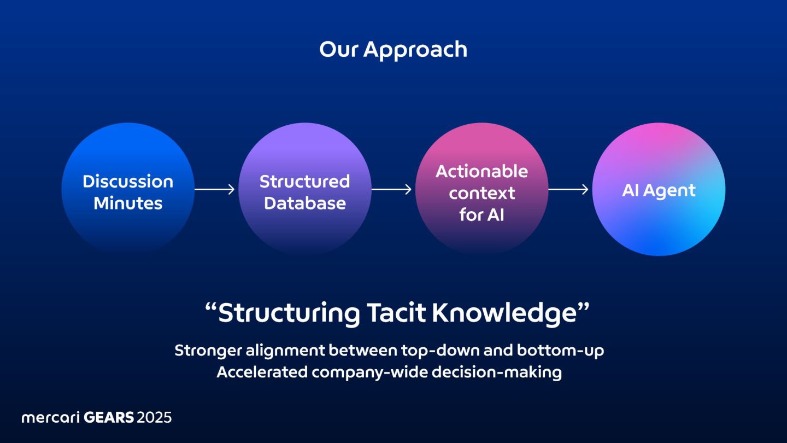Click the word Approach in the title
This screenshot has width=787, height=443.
pos(415,50)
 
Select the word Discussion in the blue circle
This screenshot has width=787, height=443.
pos(128,181)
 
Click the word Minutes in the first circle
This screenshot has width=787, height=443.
pos(128,203)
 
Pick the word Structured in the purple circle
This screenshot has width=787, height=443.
pos(304,181)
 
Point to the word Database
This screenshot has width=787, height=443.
pos(304,203)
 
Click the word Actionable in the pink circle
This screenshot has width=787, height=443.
pos(481,171)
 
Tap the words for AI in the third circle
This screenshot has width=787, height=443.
pos(481,214)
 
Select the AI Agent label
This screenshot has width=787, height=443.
pos(659,190)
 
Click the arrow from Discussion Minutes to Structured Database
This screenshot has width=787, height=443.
pos(215,189)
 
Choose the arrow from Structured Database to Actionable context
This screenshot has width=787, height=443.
pos(391,189)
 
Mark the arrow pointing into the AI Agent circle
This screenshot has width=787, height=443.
pos(568,189)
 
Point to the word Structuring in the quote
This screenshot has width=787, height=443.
pos(289,313)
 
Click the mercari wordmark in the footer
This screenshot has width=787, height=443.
pos(50,418)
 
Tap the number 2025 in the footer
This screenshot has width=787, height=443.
pos(154,418)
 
